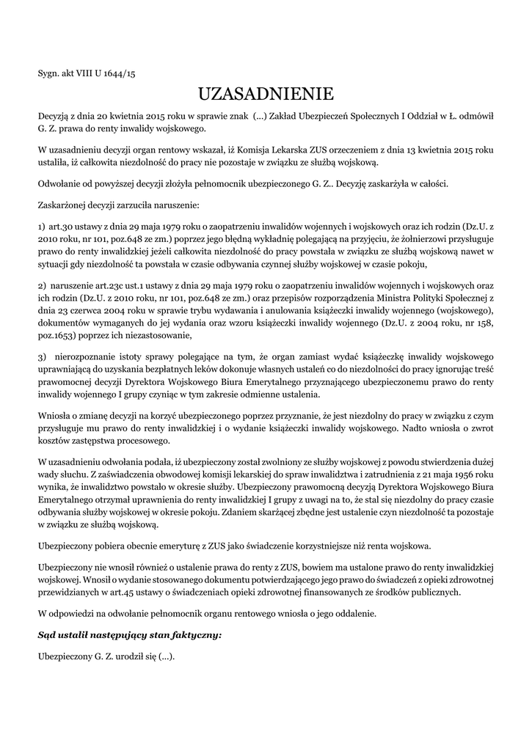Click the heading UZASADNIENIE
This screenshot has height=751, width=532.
266,95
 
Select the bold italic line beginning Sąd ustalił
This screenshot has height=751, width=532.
130,634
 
